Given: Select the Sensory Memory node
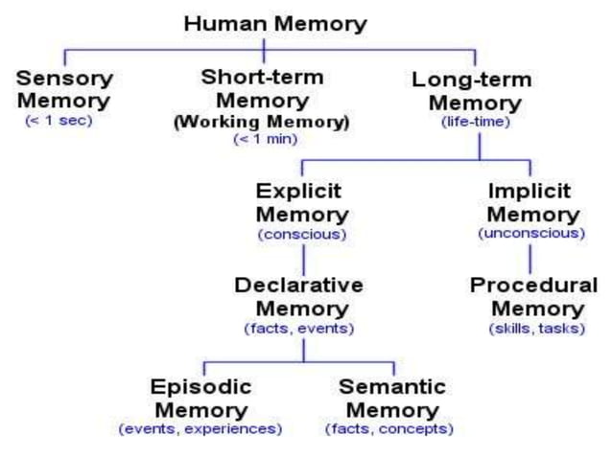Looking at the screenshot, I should pyautogui.click(x=64, y=89).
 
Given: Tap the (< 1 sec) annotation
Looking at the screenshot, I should pyautogui.click(x=59, y=122).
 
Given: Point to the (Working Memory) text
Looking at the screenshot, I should pyautogui.click(x=274, y=123).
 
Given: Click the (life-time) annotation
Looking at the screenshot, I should pyautogui.click(x=475, y=123).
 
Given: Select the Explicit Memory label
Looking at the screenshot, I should pyautogui.click(x=302, y=201).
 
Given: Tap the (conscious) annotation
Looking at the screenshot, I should pyautogui.click(x=301, y=234).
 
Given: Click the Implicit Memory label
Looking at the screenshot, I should pyautogui.click(x=529, y=201).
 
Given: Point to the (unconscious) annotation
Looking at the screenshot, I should pyautogui.click(x=530, y=233).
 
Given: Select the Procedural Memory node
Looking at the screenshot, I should pyautogui.click(x=534, y=296).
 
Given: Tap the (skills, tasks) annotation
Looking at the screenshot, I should pyautogui.click(x=533, y=329).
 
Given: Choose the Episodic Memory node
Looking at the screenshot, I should pyautogui.click(x=200, y=398).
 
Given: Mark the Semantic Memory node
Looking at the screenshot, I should pyautogui.click(x=391, y=398).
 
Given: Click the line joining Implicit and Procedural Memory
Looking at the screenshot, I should pyautogui.click(x=530, y=259).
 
